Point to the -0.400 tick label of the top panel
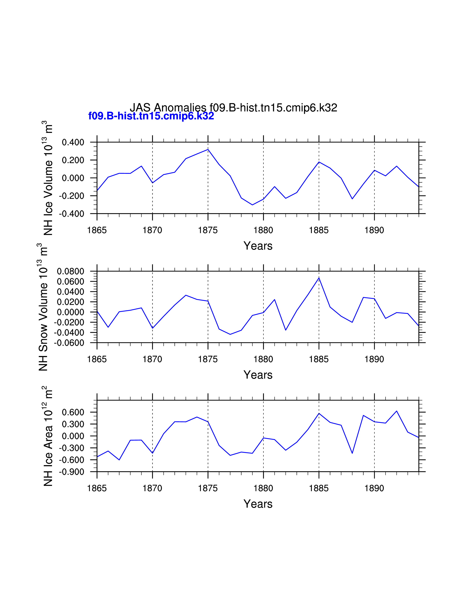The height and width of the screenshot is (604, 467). point(71,214)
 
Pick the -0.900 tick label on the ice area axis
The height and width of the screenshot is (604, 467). point(71,472)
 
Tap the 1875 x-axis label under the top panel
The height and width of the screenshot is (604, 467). point(208,230)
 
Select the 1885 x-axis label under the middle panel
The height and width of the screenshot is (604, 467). point(319,359)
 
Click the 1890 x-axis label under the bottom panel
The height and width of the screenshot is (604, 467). point(374,488)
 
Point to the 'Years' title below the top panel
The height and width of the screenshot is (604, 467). point(258,246)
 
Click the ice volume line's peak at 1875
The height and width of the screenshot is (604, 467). point(208,149)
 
